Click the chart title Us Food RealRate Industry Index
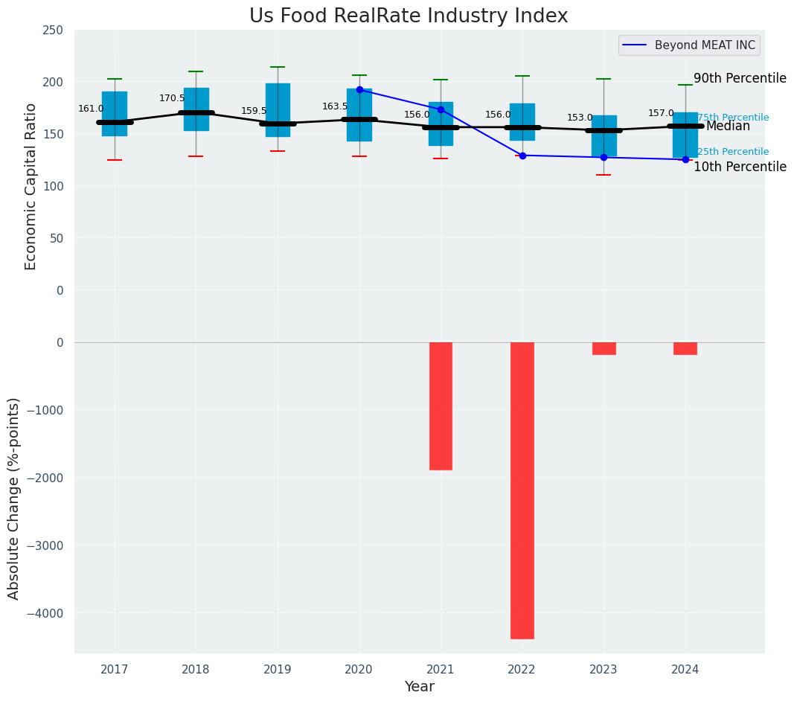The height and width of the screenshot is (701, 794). tap(409, 16)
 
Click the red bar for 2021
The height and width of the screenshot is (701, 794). tap(441, 406)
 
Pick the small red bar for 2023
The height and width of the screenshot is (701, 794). tap(603, 348)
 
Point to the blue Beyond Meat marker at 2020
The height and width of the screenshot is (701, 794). tap(359, 89)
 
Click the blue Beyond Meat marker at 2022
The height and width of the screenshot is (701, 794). tap(522, 156)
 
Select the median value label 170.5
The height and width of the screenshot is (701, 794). tap(172, 98)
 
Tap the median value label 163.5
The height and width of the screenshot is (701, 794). tap(335, 106)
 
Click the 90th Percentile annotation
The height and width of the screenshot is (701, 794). tap(740, 79)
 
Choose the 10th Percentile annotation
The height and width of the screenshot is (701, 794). tap(740, 167)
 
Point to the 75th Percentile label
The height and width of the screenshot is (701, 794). tap(733, 118)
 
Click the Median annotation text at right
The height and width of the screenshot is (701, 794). tap(728, 127)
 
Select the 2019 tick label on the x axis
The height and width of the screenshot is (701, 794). tap(278, 670)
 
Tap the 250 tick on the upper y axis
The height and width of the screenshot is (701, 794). tap(53, 30)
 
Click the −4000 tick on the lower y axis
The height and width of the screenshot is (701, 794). tap(45, 613)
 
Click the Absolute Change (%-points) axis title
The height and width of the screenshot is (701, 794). tap(14, 498)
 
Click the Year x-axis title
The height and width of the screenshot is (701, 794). tap(419, 687)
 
